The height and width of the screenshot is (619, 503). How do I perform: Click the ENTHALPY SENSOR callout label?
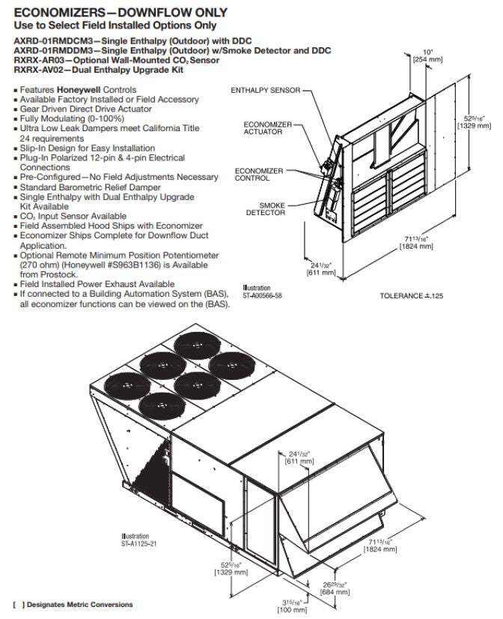coord(265,90)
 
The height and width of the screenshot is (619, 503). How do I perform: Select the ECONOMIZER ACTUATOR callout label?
coord(262,127)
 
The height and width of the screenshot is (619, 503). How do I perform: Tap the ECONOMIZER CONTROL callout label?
coord(258,174)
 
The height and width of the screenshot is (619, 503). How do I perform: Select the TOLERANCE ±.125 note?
coord(412,296)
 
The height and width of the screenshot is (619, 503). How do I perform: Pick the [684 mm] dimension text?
coord(334,591)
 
